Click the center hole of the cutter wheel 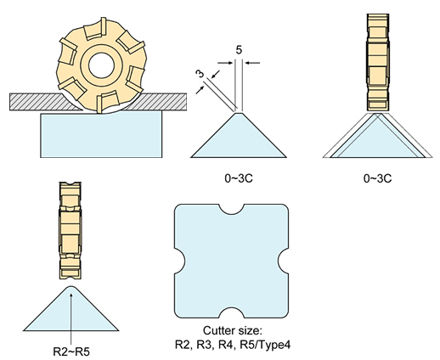pyautogui.click(x=101, y=65)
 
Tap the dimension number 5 pyautogui.click(x=239, y=50)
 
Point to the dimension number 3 pyautogui.click(x=200, y=74)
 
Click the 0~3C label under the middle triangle pyautogui.click(x=239, y=178)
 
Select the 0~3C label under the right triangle pyautogui.click(x=377, y=178)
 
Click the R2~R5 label pyautogui.click(x=71, y=352)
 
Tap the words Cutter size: pyautogui.click(x=233, y=330)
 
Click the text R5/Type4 pyautogui.click(x=265, y=345)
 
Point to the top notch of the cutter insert pyautogui.click(x=231, y=209)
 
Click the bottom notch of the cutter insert pyautogui.click(x=231, y=312)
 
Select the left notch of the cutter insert pyautogui.click(x=179, y=261)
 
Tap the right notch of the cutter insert pyautogui.click(x=284, y=261)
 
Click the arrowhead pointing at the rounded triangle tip pyautogui.click(x=71, y=295)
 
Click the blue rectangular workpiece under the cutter pyautogui.click(x=101, y=135)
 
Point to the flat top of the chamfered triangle pyautogui.click(x=239, y=113)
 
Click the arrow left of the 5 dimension pyautogui.click(x=226, y=63)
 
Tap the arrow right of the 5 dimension pyautogui.click(x=252, y=63)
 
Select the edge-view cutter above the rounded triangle pyautogui.click(x=71, y=230)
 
